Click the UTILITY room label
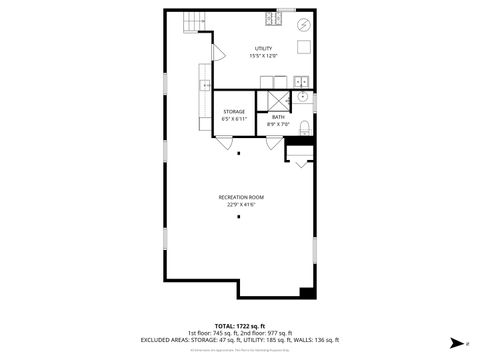263,48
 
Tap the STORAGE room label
233,111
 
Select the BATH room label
277,117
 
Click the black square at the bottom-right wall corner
307,292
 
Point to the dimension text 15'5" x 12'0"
263,56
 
